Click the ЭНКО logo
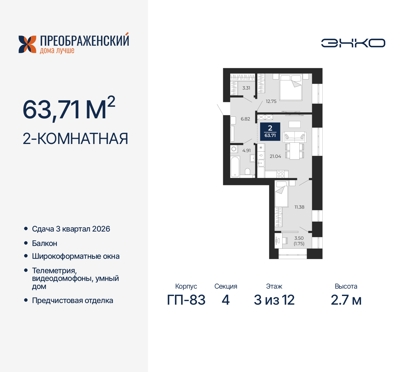coord(353,43)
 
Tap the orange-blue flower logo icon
coord(27,44)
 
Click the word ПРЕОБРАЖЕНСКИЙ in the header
coord(84,41)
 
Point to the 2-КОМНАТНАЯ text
coord(75,139)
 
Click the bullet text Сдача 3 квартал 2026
coord(71,229)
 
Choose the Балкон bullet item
coord(45,243)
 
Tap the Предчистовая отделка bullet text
coord(73,300)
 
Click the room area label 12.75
coord(271,101)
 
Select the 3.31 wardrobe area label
coord(246,88)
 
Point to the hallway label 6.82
coord(245,119)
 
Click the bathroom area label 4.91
coord(247,150)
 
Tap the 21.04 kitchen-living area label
coord(275,156)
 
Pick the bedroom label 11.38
coord(299,207)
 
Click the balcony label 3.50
coord(299,238)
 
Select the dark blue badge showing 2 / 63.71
coord(270,131)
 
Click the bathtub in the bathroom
coord(235,166)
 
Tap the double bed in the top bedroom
coord(291,87)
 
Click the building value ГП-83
coord(186,300)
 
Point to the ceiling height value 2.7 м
coord(346,300)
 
